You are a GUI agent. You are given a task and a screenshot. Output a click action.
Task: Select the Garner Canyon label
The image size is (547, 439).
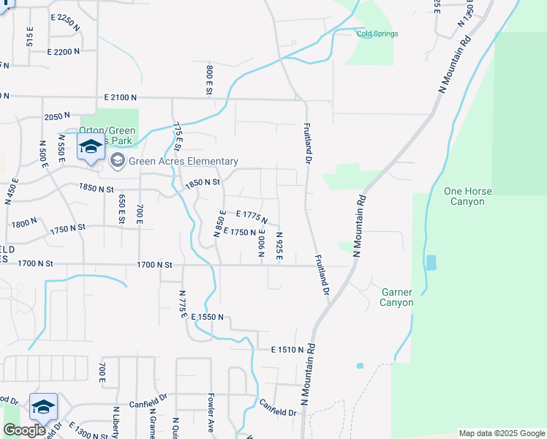(x=397, y=297)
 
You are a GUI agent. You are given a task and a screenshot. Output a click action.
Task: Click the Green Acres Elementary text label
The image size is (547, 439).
(x=183, y=161)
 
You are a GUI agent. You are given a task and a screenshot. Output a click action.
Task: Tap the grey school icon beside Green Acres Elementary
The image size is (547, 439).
(x=117, y=160)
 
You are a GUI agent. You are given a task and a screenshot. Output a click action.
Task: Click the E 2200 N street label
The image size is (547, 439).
(x=68, y=52)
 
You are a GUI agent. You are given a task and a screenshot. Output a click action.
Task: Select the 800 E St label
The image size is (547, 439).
(x=208, y=80)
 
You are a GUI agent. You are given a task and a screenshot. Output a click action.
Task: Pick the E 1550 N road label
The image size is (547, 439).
(x=211, y=318)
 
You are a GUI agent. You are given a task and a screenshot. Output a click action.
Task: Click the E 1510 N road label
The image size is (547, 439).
(x=287, y=350)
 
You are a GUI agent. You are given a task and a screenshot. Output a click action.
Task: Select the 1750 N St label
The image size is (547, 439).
(x=69, y=229)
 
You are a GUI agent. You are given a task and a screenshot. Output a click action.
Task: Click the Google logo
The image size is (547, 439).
(x=24, y=430)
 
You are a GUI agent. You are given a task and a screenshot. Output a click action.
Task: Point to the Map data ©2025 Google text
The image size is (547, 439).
(x=501, y=433)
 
